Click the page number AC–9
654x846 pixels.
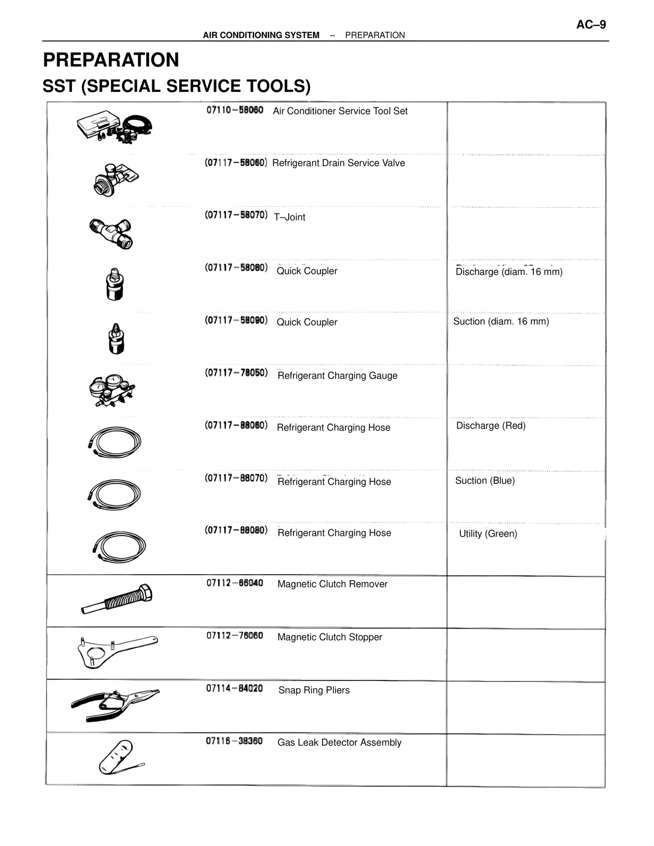[x=591, y=25]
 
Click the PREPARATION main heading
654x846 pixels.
[x=111, y=60]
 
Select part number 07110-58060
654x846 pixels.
[x=235, y=110]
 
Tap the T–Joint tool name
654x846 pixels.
[x=289, y=217]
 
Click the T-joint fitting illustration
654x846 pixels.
[x=111, y=232]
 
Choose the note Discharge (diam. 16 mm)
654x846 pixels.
[x=509, y=272]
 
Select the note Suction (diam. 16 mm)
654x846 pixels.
[x=501, y=321]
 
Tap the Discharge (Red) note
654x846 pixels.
[x=491, y=426]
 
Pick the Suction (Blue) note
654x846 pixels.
[x=485, y=481]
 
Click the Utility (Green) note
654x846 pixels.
[x=488, y=534]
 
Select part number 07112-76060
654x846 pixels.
[x=235, y=636]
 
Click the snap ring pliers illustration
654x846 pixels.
[x=115, y=704]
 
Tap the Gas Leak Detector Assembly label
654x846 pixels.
[x=339, y=742]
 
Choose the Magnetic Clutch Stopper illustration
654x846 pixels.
[x=117, y=651]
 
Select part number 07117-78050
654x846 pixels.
[x=236, y=372]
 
